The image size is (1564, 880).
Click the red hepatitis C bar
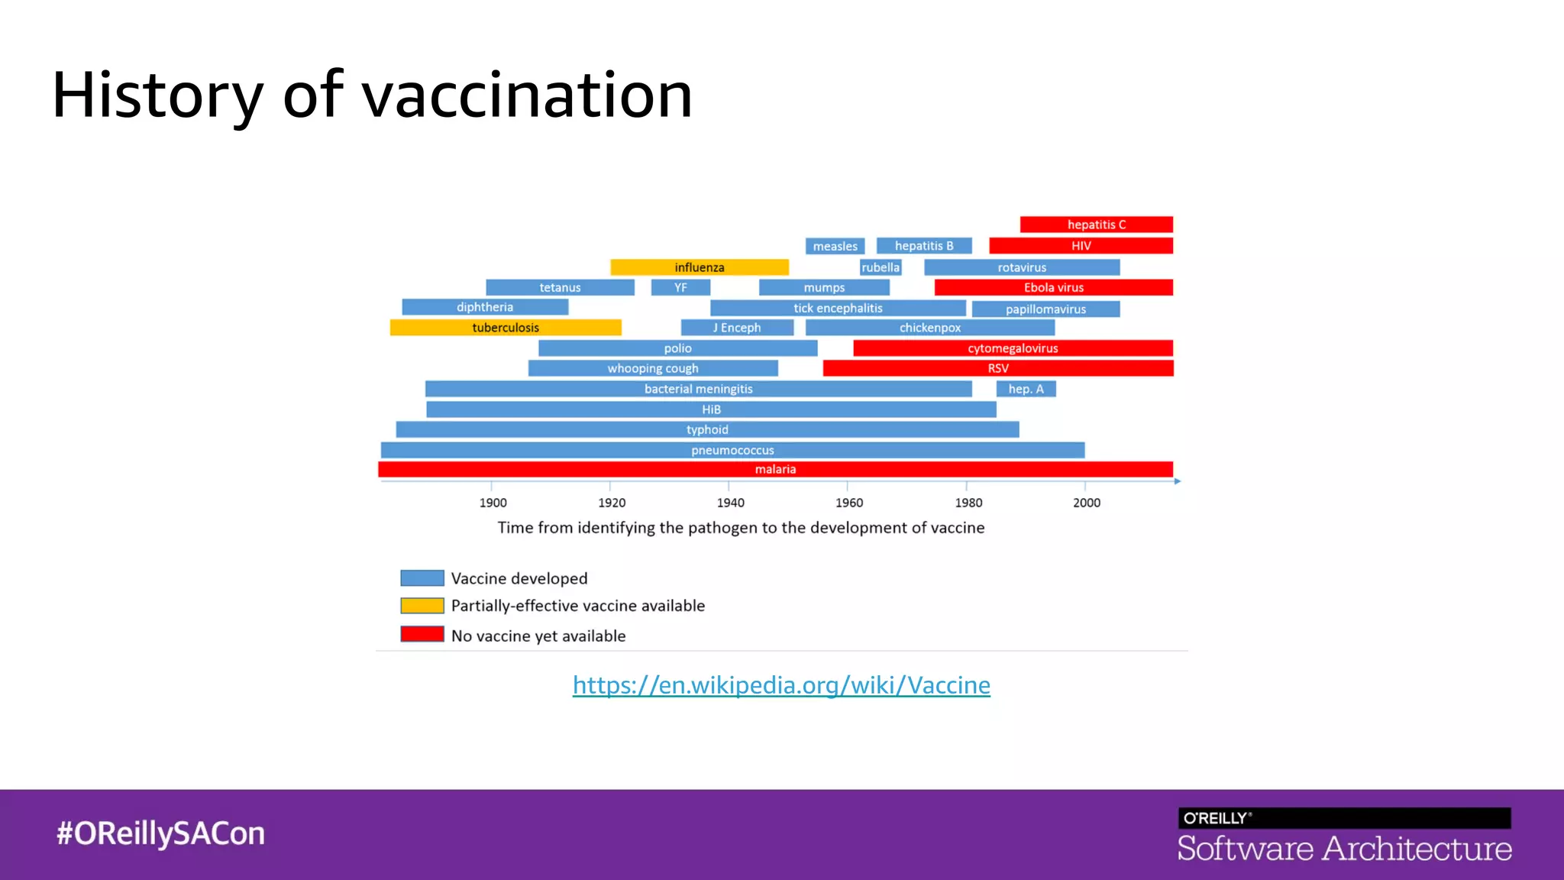(1096, 225)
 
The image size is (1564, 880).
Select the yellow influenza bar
(699, 267)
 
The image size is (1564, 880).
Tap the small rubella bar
(881, 267)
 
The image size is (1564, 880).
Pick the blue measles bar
(835, 246)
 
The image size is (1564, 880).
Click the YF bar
(680, 287)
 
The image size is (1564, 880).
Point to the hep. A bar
(1026, 389)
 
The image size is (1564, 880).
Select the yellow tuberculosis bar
(506, 328)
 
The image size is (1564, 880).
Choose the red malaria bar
(775, 469)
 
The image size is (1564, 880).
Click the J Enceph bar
(737, 328)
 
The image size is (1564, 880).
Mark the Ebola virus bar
(1053, 287)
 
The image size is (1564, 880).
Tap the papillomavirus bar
(1045, 309)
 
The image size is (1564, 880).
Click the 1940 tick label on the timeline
(730, 503)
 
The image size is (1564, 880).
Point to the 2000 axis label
(1086, 503)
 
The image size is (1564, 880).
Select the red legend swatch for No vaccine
(422, 634)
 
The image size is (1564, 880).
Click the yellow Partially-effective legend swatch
(422, 606)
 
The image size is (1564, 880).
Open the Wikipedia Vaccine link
(781, 685)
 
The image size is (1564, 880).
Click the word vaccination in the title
(527, 95)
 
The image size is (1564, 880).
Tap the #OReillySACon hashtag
(160, 833)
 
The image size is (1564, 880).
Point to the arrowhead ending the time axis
(1178, 481)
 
